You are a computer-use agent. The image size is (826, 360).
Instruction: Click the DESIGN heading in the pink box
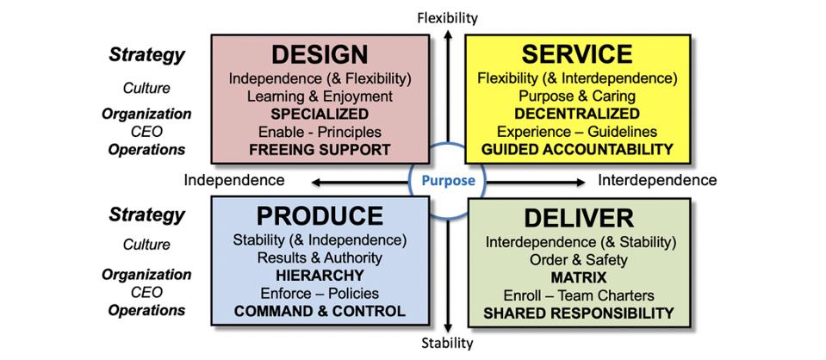pos(320,54)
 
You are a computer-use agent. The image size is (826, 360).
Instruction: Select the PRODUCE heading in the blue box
pos(320,215)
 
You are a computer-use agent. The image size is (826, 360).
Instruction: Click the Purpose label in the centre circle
pos(447,182)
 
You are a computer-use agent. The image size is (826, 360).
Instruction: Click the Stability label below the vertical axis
pos(447,343)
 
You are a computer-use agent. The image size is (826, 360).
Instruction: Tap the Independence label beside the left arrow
pos(233,180)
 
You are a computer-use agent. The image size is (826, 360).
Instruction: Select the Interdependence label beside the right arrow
pos(657,180)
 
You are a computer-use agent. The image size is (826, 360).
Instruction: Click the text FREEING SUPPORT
pos(320,150)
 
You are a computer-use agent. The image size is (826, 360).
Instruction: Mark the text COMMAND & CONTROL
pos(320,311)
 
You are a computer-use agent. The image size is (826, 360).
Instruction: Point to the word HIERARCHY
pos(320,275)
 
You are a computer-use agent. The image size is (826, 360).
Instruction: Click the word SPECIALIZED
pos(320,114)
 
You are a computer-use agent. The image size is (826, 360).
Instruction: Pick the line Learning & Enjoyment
pos(320,96)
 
